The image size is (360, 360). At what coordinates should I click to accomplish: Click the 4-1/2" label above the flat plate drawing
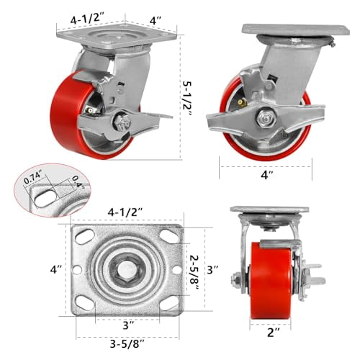pos(126,212)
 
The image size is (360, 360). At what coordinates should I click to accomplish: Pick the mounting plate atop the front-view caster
pos(269,210)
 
